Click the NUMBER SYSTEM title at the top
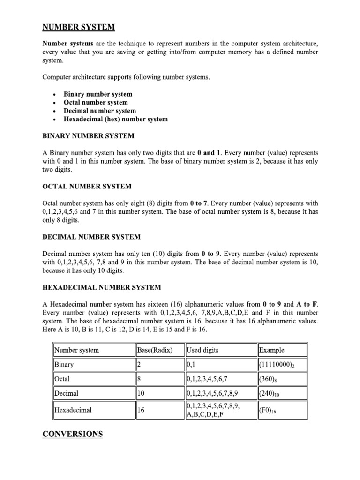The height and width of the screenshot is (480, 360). [x=79, y=27]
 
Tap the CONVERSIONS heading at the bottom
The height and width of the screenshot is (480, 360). [x=73, y=434]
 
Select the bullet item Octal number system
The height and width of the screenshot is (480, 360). [x=96, y=102]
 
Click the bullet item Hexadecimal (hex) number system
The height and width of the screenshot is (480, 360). [x=115, y=119]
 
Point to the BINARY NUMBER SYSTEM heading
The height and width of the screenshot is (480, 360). [x=89, y=136]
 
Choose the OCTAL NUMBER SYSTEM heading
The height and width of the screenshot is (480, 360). [x=87, y=187]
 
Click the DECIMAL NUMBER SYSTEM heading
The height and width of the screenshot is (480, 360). [x=91, y=237]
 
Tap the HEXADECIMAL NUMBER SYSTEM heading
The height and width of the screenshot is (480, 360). [x=102, y=287]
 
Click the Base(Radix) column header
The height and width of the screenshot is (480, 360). [x=155, y=350]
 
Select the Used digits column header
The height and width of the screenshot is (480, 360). [x=202, y=350]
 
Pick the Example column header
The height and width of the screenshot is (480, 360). [x=271, y=350]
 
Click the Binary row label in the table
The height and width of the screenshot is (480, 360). [x=64, y=364]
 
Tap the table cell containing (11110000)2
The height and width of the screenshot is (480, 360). [x=280, y=365]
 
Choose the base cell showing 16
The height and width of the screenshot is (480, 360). [x=141, y=410]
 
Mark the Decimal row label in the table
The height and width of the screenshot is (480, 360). [x=67, y=393]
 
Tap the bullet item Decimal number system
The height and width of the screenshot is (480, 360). [x=100, y=111]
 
